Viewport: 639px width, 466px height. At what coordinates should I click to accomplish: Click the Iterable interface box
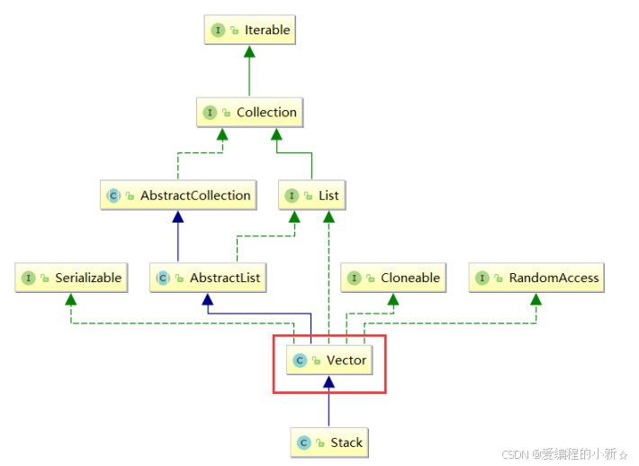[x=250, y=30]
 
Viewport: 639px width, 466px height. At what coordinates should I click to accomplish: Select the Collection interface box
[x=250, y=112]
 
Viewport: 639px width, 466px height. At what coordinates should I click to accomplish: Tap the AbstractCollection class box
[x=178, y=195]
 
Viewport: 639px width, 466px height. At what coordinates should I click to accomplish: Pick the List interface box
[x=312, y=195]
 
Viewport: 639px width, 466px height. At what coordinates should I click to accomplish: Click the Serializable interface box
[x=71, y=278]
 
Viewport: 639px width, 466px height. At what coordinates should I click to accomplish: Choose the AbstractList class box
[x=208, y=278]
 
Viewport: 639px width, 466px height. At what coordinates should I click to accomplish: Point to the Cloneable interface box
[x=393, y=278]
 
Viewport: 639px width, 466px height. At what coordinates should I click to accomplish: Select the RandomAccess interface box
[x=536, y=278]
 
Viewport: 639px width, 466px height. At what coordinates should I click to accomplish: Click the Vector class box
[x=329, y=360]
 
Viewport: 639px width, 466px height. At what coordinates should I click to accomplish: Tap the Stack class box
[x=329, y=443]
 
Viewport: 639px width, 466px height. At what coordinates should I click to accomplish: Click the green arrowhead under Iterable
[x=249, y=51]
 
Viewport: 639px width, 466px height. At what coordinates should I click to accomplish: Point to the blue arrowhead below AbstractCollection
[x=177, y=216]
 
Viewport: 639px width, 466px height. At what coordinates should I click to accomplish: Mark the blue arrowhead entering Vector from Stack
[x=328, y=382]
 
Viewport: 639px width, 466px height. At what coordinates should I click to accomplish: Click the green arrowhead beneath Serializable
[x=71, y=299]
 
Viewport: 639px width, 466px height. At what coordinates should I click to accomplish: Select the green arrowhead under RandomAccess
[x=535, y=299]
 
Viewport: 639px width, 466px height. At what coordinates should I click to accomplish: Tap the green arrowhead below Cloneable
[x=393, y=299]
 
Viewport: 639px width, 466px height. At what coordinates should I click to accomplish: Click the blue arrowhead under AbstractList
[x=208, y=299]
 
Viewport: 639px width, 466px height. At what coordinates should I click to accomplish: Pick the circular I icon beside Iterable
[x=218, y=31]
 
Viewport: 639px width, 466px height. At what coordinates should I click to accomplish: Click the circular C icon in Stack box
[x=303, y=443]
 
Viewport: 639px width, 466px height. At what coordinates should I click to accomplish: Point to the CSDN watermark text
[x=564, y=453]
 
